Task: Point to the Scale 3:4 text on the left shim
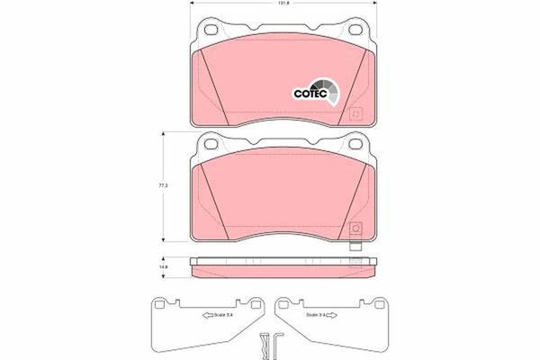225,315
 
